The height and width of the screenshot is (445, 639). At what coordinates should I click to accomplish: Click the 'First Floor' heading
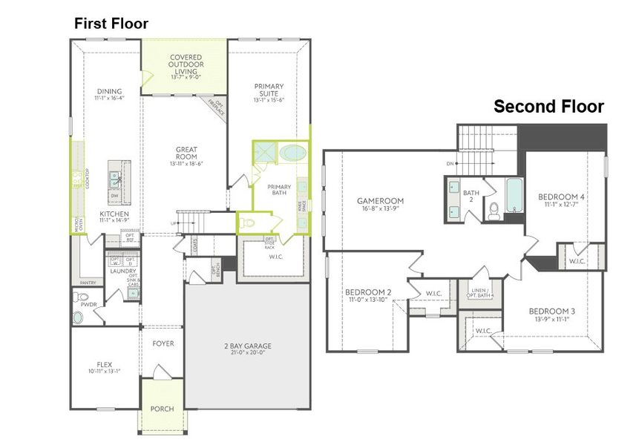(x=111, y=24)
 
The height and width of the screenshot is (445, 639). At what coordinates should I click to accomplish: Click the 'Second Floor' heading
(x=548, y=107)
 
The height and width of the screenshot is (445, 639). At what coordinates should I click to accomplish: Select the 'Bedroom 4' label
(x=562, y=197)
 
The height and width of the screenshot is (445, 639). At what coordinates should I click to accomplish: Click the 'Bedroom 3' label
(x=552, y=311)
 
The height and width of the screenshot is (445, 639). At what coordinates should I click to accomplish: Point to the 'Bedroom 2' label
(x=368, y=292)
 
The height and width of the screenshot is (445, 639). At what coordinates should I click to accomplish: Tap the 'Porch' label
(x=162, y=409)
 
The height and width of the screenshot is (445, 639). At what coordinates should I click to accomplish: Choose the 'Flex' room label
(x=104, y=364)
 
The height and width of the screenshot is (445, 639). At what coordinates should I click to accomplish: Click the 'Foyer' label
(x=163, y=343)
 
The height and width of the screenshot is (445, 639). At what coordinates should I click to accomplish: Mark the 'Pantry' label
(x=88, y=283)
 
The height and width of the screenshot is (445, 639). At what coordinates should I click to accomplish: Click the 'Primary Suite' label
(x=269, y=90)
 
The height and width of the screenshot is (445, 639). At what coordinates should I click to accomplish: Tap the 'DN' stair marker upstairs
(x=449, y=164)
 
